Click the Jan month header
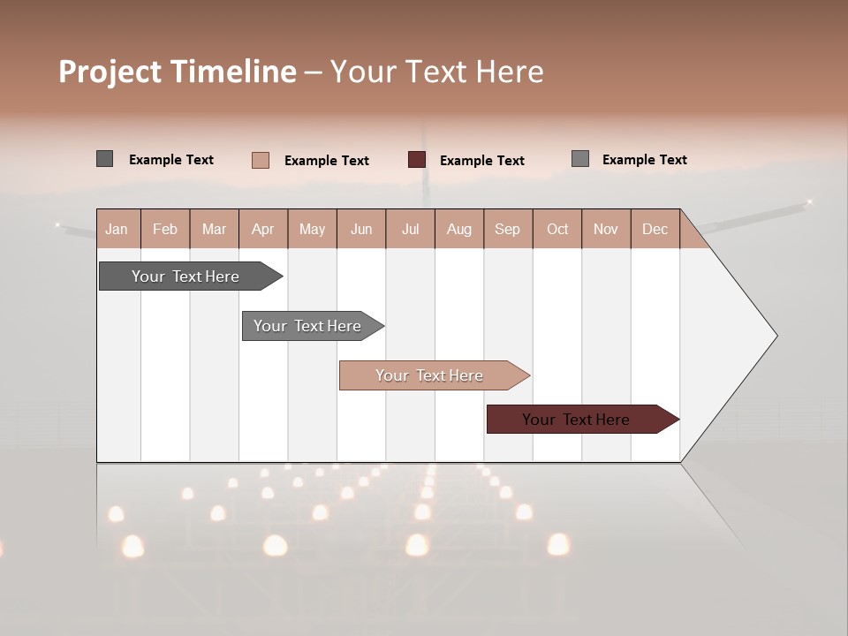117,229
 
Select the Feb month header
165,229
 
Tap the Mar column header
214,229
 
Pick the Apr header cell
262,229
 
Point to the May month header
312,229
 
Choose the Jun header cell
361,229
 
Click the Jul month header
410,229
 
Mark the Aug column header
459,229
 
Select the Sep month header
508,229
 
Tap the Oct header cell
557,229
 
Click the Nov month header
606,229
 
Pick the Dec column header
655,229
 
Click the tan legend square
261,160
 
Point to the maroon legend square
417,160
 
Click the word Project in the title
110,72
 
